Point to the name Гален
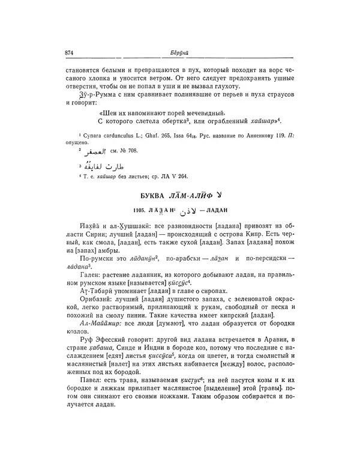[x=89, y=272]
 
